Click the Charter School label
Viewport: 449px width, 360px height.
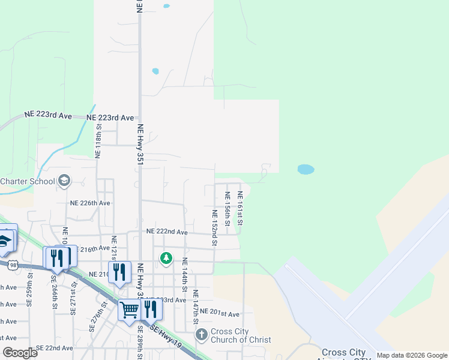[27, 182]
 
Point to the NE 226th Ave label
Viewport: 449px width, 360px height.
[90, 203]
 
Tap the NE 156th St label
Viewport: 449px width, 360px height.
[228, 208]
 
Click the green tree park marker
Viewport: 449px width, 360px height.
[166, 259]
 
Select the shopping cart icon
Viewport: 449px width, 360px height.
[129, 310]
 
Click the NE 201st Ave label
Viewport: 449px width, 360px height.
[220, 313]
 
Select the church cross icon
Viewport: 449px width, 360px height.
[201, 334]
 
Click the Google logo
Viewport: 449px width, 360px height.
[20, 353]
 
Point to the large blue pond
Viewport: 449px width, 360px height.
[306, 170]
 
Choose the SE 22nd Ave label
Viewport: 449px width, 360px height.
[55, 348]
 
